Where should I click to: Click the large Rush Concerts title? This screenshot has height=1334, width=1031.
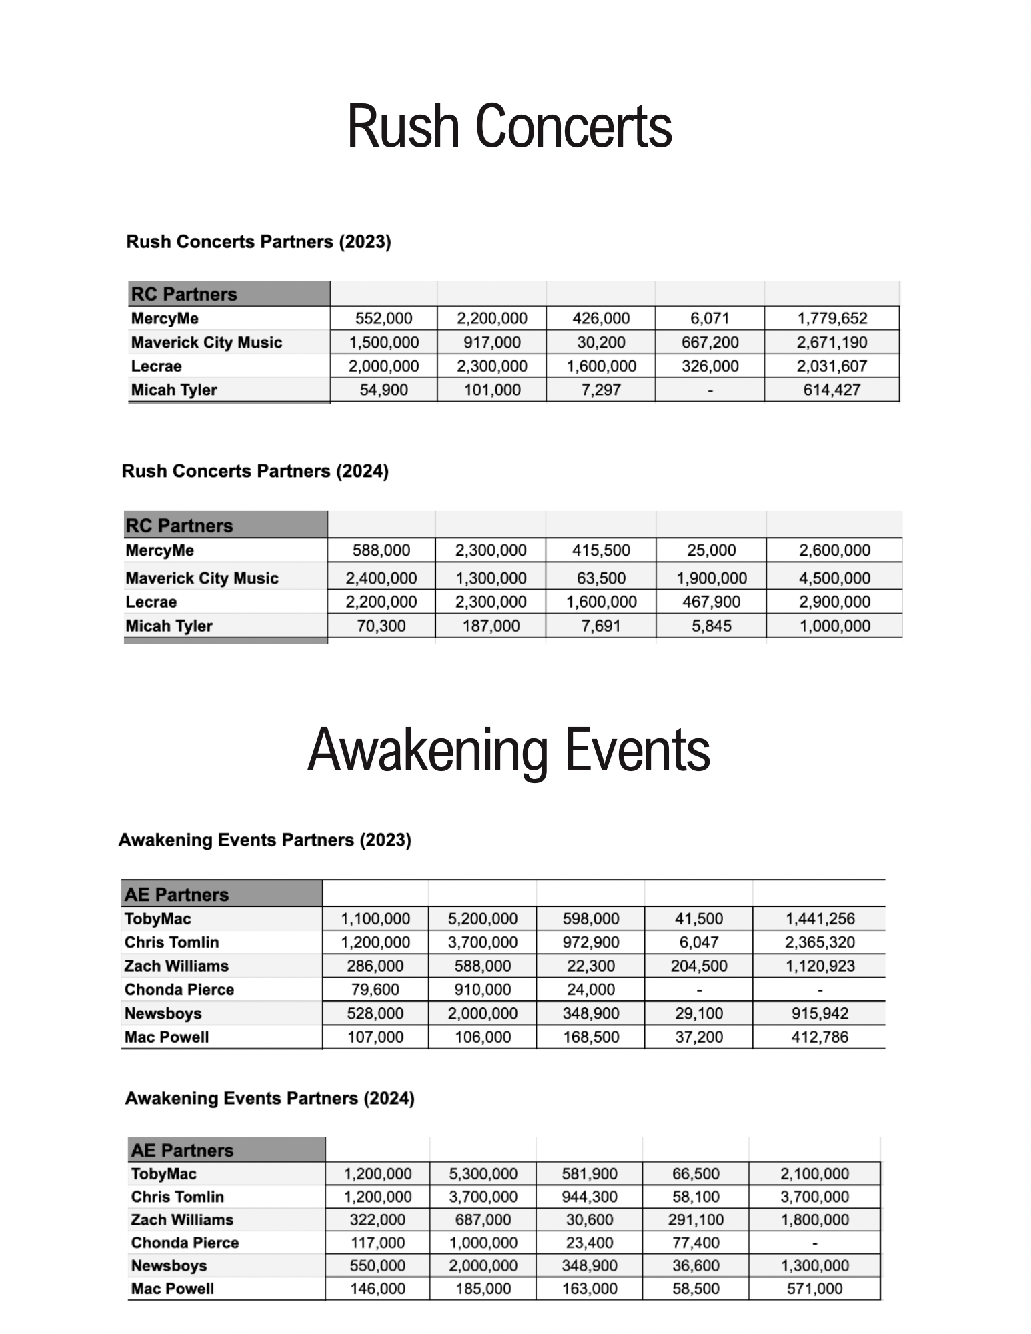[509, 126]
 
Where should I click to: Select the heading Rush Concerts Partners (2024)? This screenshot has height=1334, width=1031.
[255, 471]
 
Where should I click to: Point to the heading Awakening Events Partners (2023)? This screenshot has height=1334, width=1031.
[265, 840]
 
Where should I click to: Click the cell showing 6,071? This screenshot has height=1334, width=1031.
[710, 319]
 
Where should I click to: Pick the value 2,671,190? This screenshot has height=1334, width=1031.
[832, 342]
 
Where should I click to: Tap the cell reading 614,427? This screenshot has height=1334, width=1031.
[832, 390]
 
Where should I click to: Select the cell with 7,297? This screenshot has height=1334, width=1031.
[601, 390]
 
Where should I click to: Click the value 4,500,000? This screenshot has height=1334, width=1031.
[834, 578]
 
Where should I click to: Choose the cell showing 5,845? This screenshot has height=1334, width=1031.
[711, 626]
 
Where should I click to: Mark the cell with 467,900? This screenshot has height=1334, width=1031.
[711, 602]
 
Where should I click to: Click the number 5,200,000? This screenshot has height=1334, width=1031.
[483, 918]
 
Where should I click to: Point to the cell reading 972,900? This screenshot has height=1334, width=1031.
[591, 942]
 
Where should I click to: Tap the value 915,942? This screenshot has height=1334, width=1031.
[820, 1013]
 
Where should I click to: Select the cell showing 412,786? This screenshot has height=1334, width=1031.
[820, 1037]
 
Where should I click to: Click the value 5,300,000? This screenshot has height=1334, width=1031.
[483, 1173]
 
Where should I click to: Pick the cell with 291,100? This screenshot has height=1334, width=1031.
[696, 1219]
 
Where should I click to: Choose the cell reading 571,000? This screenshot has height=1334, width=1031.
[814, 1289]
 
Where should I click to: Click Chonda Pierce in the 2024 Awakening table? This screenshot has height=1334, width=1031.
[185, 1243]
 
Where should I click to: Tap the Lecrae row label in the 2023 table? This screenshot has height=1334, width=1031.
[156, 366]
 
